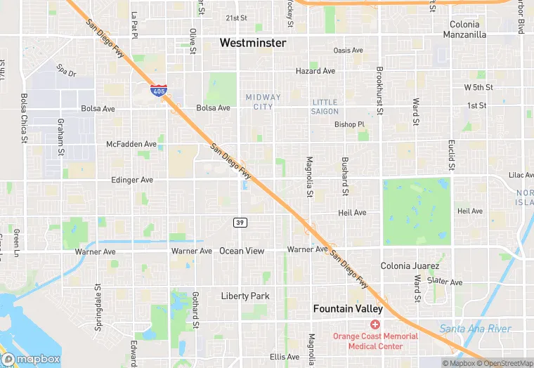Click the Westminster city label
tap(253, 43)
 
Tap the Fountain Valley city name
tap(348, 309)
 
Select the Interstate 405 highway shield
tap(158, 90)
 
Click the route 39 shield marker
tap(240, 222)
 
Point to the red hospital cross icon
tap(375, 324)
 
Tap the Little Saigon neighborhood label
tap(325, 107)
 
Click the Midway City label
tap(263, 101)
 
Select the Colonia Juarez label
tap(410, 266)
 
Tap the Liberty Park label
tap(245, 296)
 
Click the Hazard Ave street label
tap(315, 71)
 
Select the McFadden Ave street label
tap(131, 144)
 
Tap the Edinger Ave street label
tap(131, 180)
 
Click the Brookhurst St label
tap(379, 91)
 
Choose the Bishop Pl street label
tap(350, 124)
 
